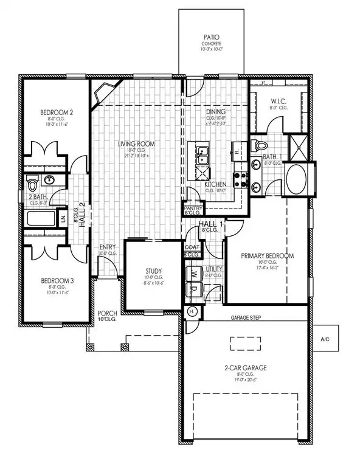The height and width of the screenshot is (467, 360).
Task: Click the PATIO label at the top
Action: coord(211,38)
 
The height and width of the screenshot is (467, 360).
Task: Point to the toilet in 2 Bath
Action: coord(33,182)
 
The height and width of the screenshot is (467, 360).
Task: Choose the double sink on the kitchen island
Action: coord(202,154)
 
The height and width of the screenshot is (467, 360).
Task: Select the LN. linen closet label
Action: coord(64,218)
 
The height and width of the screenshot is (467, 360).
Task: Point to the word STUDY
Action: coord(153,271)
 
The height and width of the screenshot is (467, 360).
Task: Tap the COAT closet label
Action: coord(192,247)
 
